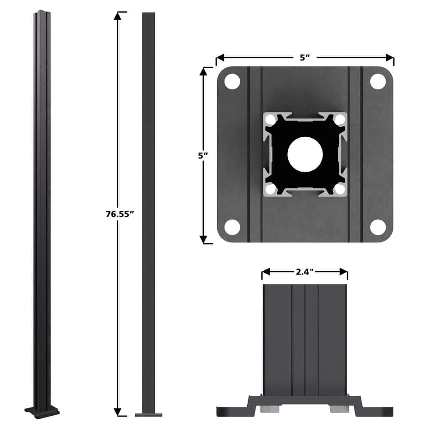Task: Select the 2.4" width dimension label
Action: (x=305, y=272)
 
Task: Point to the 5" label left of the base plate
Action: (x=203, y=155)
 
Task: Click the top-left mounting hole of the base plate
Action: (x=232, y=82)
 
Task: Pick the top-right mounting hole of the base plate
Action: (x=378, y=82)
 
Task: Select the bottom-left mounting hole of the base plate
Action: (x=232, y=227)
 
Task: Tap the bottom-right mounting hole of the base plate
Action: (x=378, y=227)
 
